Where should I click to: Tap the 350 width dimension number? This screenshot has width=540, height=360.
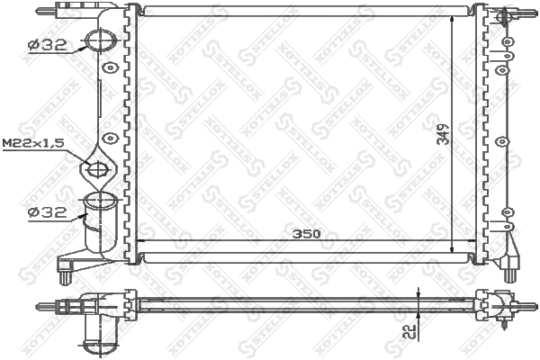click(x=307, y=233)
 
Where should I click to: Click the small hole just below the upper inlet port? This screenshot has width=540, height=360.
click(x=110, y=67)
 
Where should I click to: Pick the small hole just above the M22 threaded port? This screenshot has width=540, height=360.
click(x=110, y=138)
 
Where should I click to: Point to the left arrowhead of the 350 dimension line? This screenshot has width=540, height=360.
click(x=142, y=241)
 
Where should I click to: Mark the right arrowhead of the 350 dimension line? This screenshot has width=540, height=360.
click(x=468, y=241)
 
